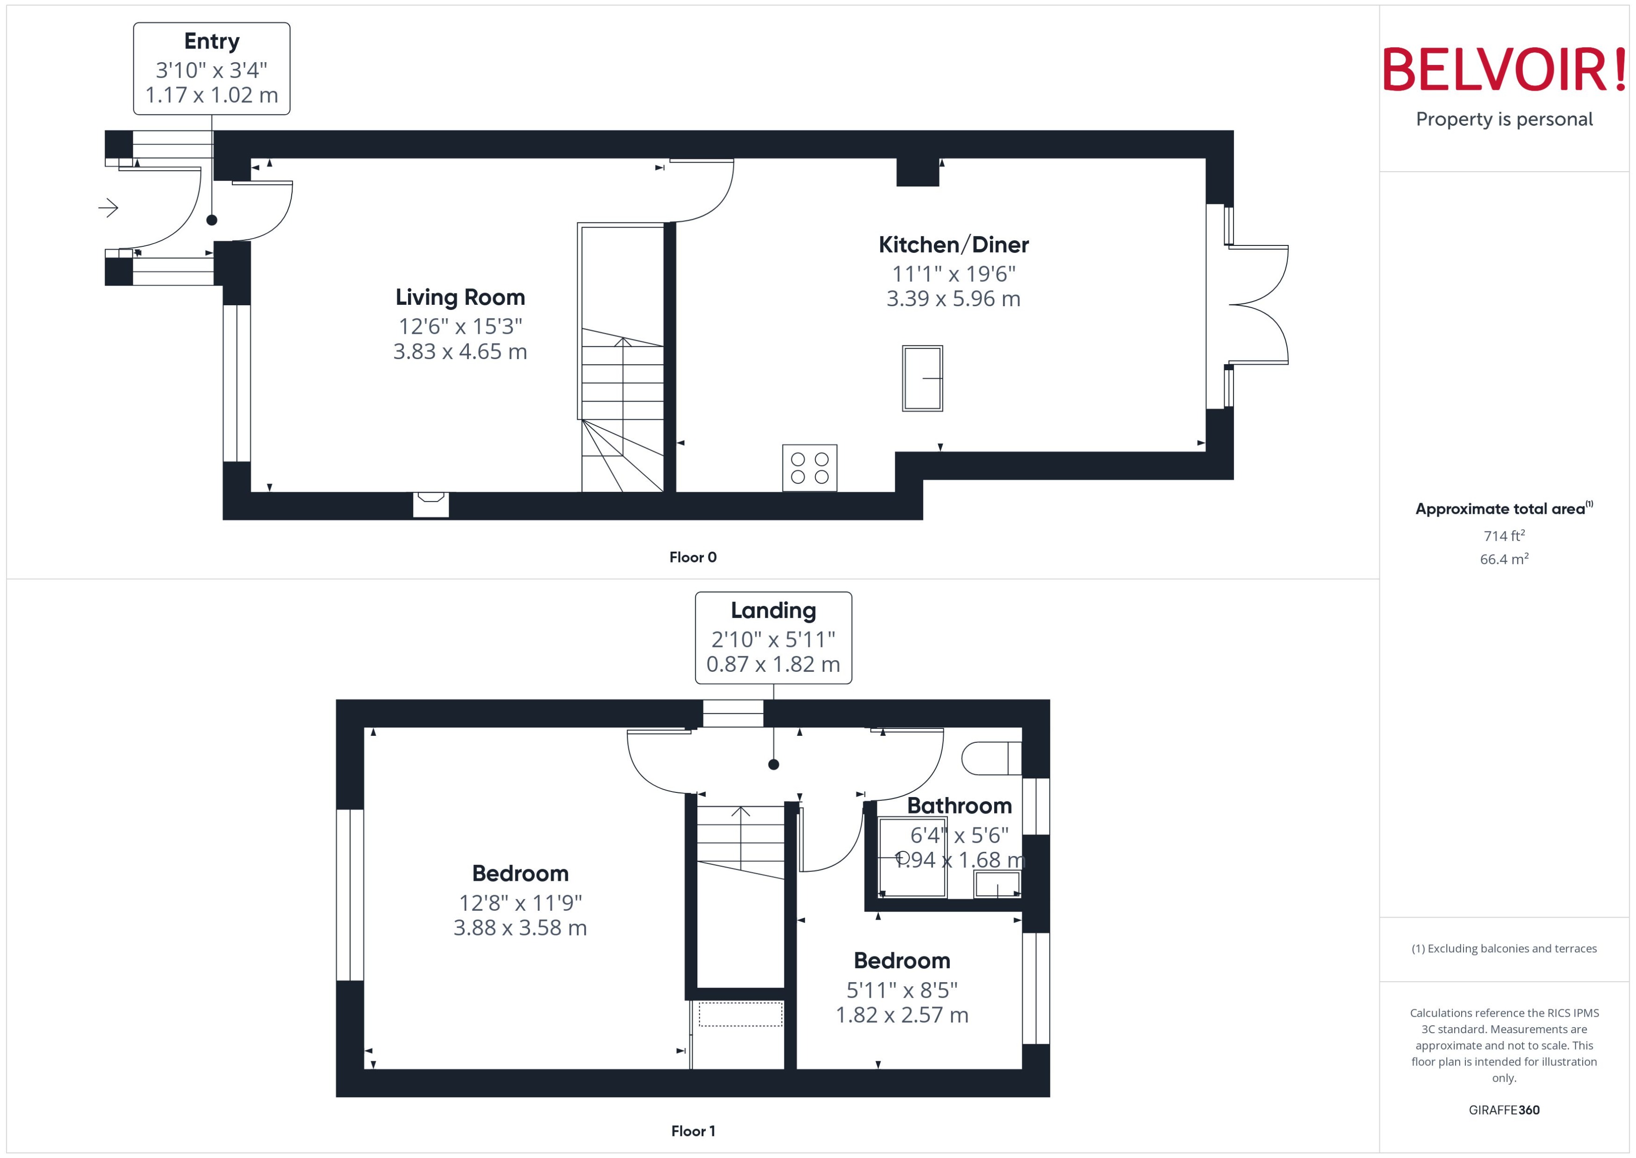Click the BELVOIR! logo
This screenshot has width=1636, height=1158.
pos(1504,70)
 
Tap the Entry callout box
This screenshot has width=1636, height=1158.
pos(212,68)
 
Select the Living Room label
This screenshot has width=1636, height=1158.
pos(460,297)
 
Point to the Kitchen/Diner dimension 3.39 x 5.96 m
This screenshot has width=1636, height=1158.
pos(953,299)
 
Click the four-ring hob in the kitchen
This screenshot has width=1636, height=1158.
pos(809,468)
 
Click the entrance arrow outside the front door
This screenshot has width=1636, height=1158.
pos(108,208)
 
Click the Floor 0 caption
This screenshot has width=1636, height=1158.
pos(692,558)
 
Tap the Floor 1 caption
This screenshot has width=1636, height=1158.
pos(692,1131)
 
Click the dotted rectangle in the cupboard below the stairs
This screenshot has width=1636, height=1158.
pos(740,1014)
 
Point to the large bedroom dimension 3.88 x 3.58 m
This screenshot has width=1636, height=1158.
pos(520,928)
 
